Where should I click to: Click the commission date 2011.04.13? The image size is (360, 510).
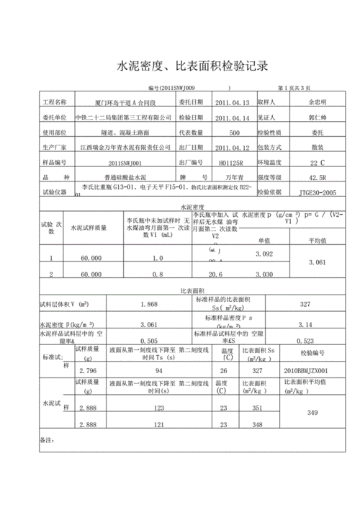(x=233, y=102)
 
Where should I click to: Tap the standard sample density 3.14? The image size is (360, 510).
(x=305, y=325)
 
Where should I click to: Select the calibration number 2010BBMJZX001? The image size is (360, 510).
(x=313, y=370)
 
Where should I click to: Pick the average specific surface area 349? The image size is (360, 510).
(x=312, y=413)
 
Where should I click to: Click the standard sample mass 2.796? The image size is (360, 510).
(x=88, y=370)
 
